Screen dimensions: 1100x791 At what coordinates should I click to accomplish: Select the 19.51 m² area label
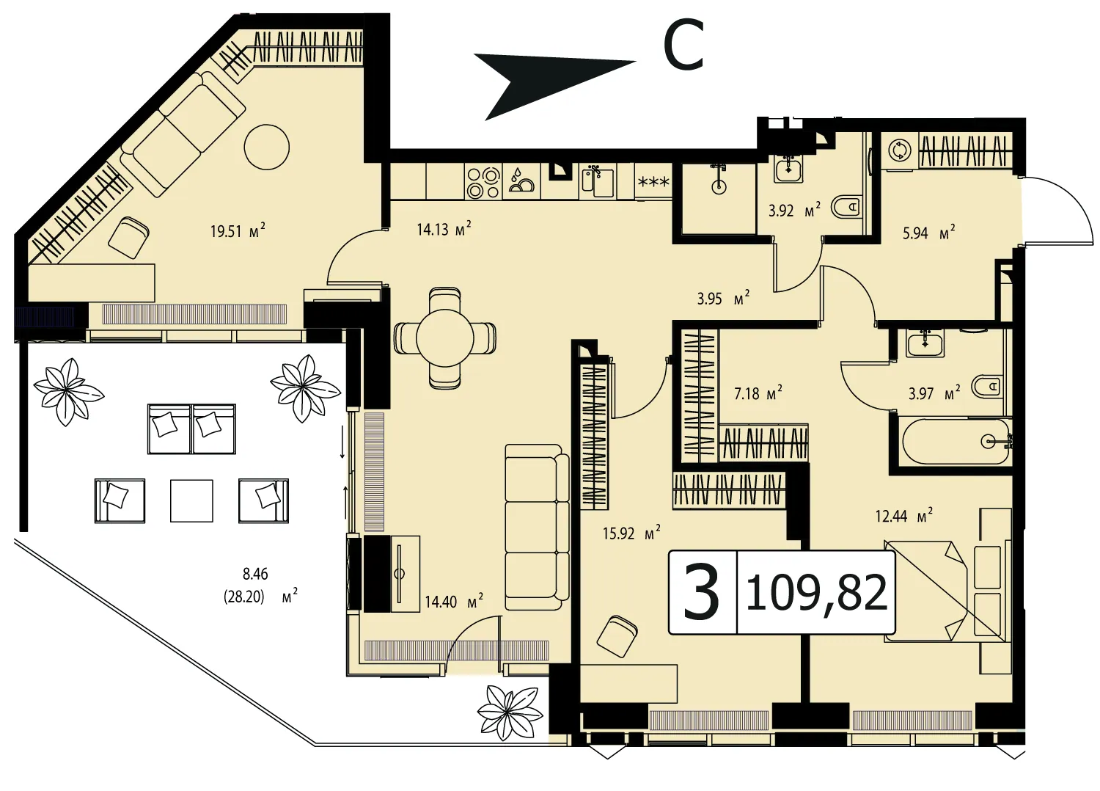pyautogui.click(x=238, y=230)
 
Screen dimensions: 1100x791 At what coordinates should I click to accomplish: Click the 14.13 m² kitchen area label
pyautogui.click(x=444, y=228)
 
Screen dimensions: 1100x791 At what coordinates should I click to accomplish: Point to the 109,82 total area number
pyautogui.click(x=816, y=592)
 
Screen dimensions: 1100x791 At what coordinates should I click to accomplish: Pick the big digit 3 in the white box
pyautogui.click(x=702, y=591)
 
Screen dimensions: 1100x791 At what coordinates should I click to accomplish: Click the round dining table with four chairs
pyautogui.click(x=445, y=338)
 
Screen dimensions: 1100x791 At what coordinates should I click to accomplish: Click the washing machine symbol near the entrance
pyautogui.click(x=900, y=150)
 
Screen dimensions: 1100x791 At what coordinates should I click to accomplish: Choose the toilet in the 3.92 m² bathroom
pyautogui.click(x=846, y=208)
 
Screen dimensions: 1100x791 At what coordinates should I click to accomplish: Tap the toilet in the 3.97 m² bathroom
pyautogui.click(x=987, y=386)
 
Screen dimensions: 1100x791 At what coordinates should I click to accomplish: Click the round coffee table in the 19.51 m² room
pyautogui.click(x=267, y=147)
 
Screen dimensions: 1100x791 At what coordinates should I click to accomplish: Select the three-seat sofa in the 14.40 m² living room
pyautogui.click(x=537, y=528)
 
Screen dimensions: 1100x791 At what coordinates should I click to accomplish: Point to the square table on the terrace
pyautogui.click(x=191, y=500)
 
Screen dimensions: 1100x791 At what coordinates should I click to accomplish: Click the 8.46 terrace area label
pyautogui.click(x=255, y=573)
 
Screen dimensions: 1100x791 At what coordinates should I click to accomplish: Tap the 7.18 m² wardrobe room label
pyautogui.click(x=758, y=393)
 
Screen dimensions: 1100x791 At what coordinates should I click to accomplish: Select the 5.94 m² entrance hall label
pyautogui.click(x=929, y=233)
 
